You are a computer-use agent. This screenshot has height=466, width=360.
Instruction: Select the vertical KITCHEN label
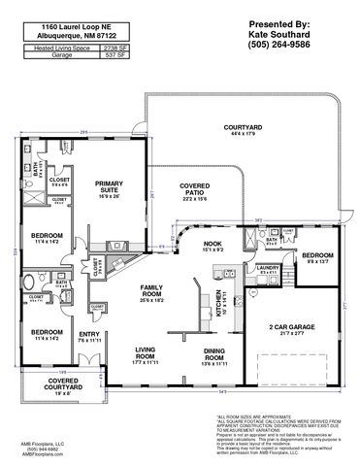tap(217, 310)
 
